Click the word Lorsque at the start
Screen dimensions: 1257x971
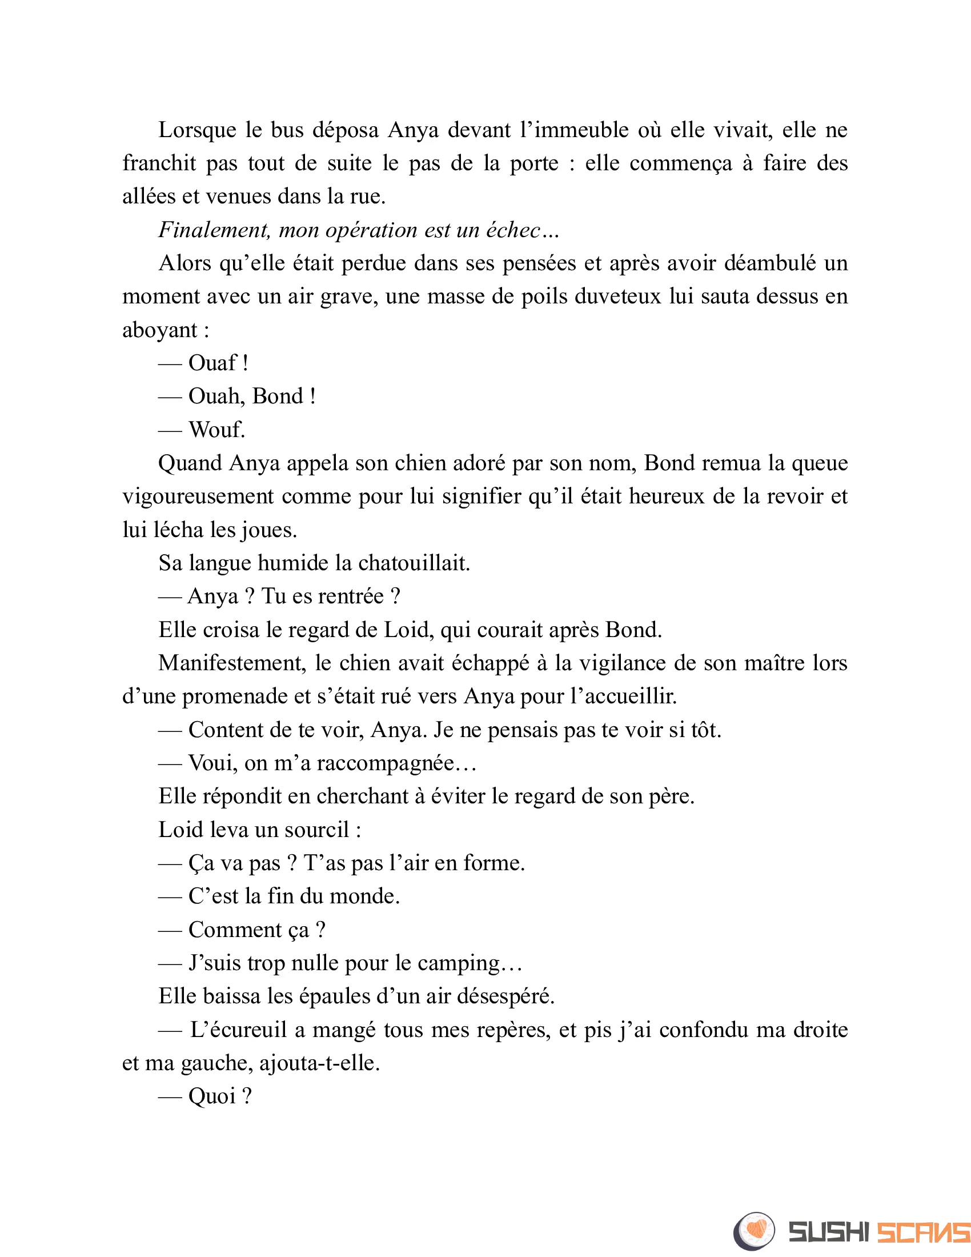pyautogui.click(x=197, y=131)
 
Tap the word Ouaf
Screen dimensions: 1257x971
pyautogui.click(x=212, y=363)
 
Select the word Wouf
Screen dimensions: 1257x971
pyautogui.click(x=217, y=430)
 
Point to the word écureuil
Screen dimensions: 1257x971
pyautogui.click(x=238, y=1030)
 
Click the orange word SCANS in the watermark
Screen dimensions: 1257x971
pyautogui.click(x=923, y=1232)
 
